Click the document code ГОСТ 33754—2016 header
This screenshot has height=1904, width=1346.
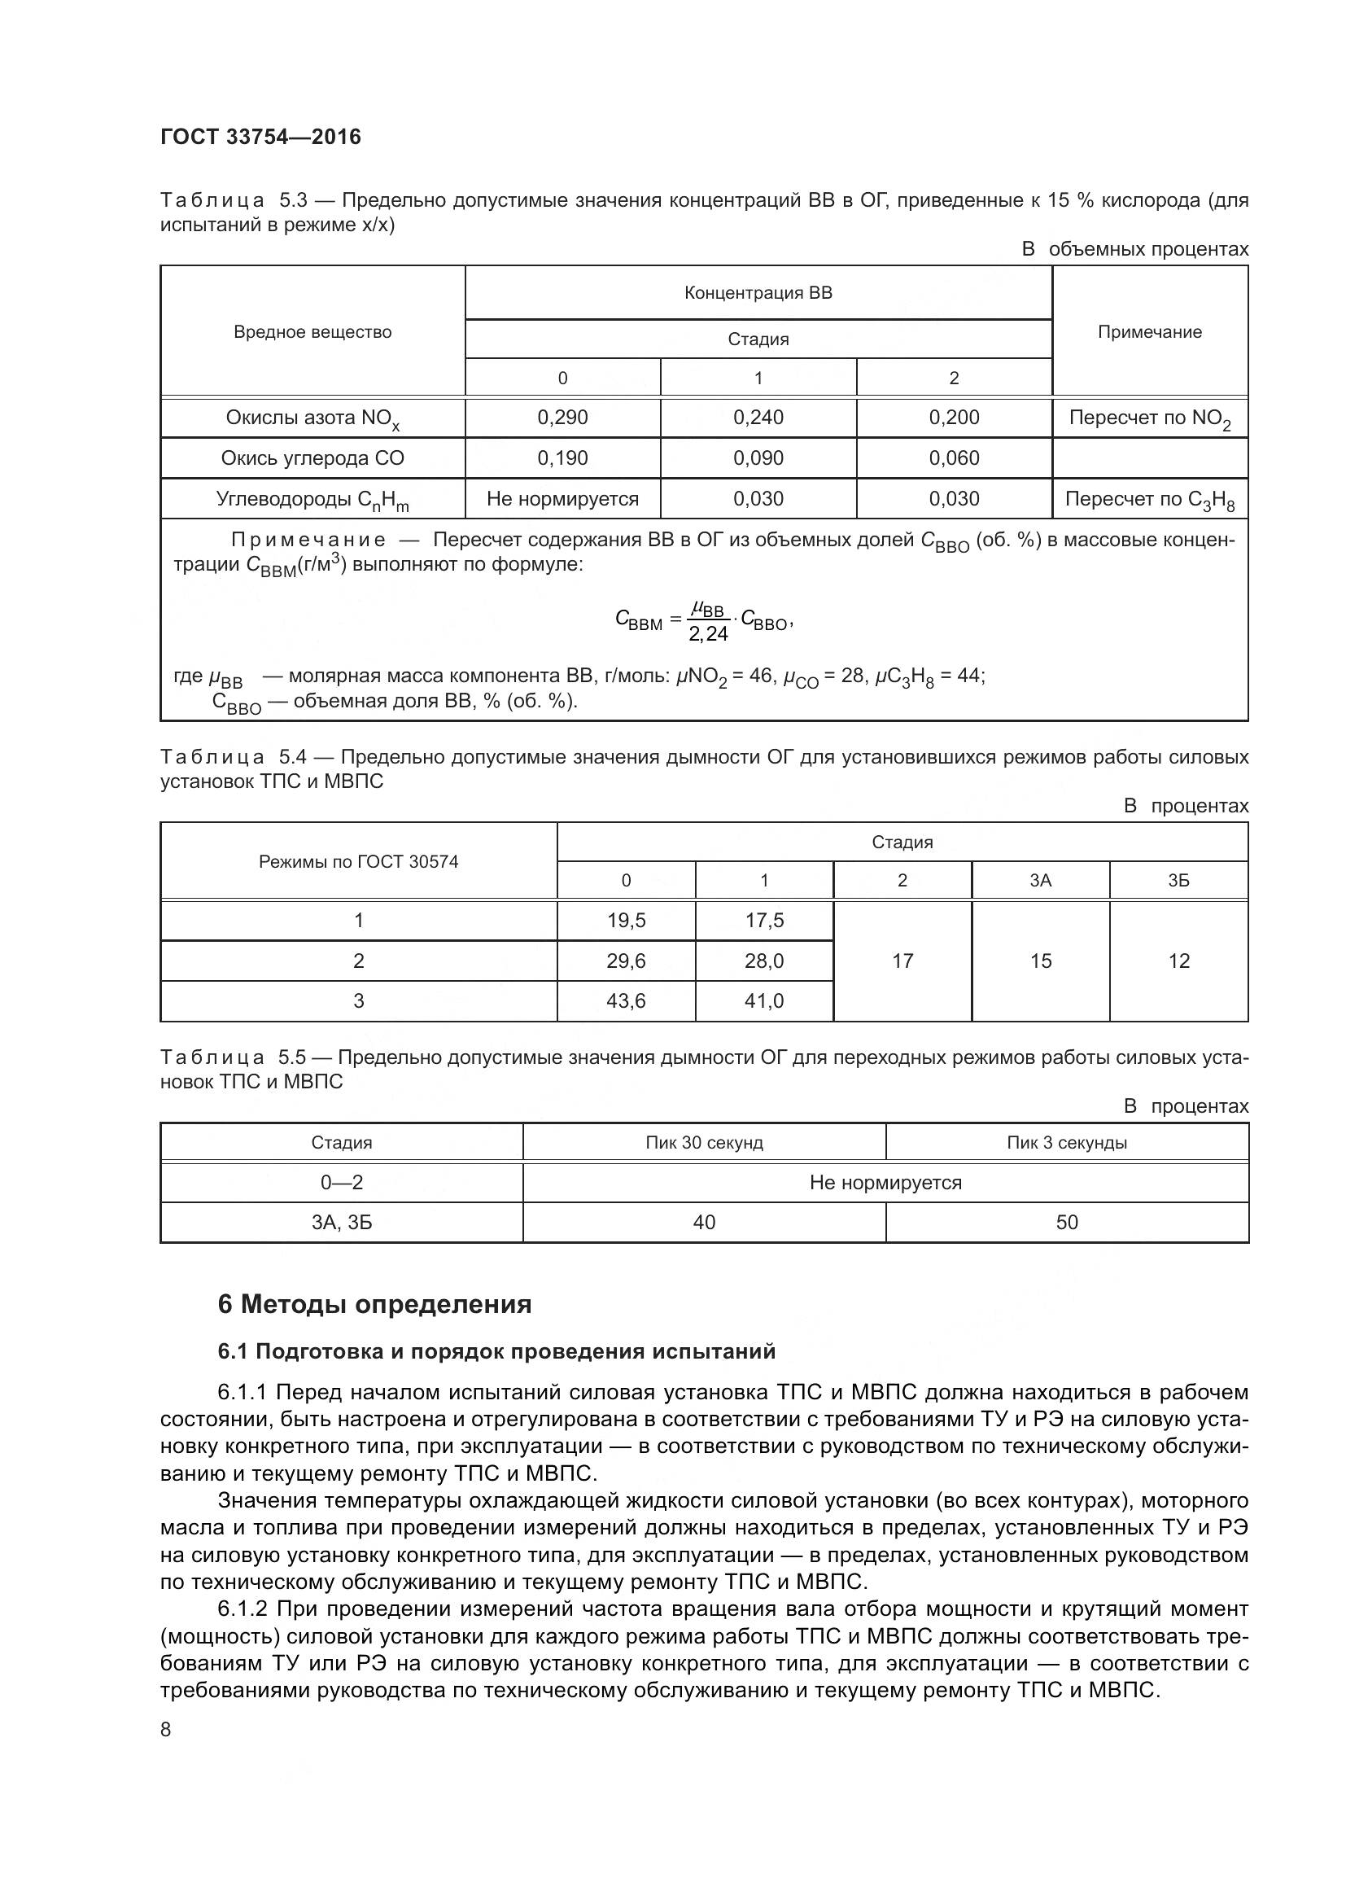[x=260, y=138]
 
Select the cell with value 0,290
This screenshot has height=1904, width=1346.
[x=562, y=417]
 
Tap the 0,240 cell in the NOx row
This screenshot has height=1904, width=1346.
[x=758, y=417]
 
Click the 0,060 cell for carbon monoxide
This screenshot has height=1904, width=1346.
[x=953, y=457]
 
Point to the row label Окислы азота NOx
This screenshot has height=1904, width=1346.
[x=312, y=418]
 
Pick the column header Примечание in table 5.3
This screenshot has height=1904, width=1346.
[x=1149, y=331]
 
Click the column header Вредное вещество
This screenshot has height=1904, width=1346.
[x=312, y=331]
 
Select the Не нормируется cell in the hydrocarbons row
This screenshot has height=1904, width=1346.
[x=562, y=498]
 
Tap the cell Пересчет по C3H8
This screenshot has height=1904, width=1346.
[x=1149, y=500]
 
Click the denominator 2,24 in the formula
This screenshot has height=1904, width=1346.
[x=708, y=634]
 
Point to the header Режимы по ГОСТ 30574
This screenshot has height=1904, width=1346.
[x=358, y=861]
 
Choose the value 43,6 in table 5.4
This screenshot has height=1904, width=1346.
[x=626, y=1001]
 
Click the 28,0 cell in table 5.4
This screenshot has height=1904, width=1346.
[x=763, y=961]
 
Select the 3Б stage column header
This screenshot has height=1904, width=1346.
[x=1178, y=881]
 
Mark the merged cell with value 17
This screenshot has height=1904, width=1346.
[x=902, y=961]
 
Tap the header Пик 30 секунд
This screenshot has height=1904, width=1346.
[x=704, y=1143]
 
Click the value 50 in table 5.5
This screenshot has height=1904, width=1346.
[x=1066, y=1223]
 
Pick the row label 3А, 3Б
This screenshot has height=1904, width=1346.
[x=342, y=1223]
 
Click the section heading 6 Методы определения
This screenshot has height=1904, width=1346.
[x=374, y=1304]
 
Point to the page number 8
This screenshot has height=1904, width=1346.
[x=166, y=1729]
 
